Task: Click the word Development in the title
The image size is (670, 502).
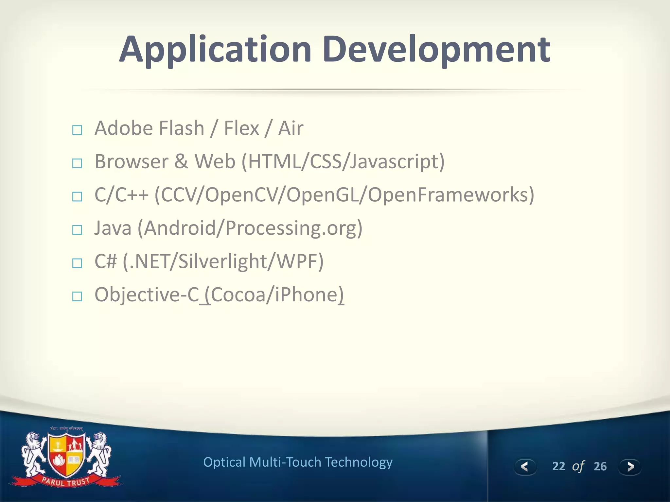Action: tap(436, 50)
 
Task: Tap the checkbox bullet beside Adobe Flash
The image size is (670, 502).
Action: tap(77, 130)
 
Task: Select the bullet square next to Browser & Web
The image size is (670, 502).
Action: tap(77, 163)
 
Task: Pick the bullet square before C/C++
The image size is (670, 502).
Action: tap(77, 197)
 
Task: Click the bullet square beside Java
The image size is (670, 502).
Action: tap(77, 230)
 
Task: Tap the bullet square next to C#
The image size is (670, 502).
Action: tap(77, 263)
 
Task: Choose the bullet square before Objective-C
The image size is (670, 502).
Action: tap(77, 297)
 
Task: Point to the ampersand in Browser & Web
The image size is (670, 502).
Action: tap(181, 161)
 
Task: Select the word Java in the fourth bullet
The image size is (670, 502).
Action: tap(113, 228)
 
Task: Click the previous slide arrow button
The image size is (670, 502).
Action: tap(525, 467)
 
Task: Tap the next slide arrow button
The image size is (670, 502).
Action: tap(630, 467)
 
